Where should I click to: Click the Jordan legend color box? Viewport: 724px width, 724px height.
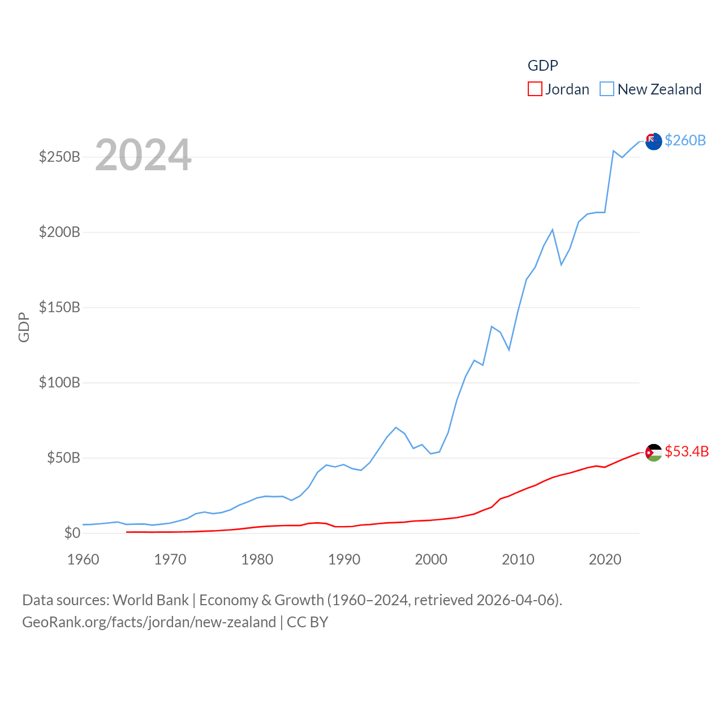click(535, 89)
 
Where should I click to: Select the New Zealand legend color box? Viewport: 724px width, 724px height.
click(607, 89)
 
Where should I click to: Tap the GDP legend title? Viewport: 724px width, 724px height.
click(542, 66)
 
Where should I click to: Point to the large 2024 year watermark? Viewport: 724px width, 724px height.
click(143, 155)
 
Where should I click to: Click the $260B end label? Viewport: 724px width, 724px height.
click(685, 140)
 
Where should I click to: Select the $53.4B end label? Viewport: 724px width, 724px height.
click(687, 451)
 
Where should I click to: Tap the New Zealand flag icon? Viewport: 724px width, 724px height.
click(653, 141)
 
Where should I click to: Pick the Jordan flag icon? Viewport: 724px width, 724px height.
click(653, 453)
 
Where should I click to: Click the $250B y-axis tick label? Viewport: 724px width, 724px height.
click(59, 157)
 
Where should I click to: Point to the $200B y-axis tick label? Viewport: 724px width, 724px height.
click(59, 232)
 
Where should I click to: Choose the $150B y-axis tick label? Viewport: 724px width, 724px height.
click(59, 307)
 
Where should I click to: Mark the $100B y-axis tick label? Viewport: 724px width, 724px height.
click(59, 382)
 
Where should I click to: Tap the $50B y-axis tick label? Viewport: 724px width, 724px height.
click(63, 458)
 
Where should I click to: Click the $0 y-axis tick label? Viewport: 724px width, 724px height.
click(72, 533)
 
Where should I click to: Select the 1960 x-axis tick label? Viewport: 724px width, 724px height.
click(83, 559)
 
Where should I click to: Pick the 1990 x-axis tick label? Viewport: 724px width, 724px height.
click(344, 559)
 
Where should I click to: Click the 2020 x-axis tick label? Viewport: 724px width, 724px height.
click(605, 559)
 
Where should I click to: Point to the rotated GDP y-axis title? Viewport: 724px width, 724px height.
click(24, 327)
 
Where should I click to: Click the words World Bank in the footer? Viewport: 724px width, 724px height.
click(150, 600)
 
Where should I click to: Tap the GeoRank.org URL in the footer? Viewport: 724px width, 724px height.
click(149, 622)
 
